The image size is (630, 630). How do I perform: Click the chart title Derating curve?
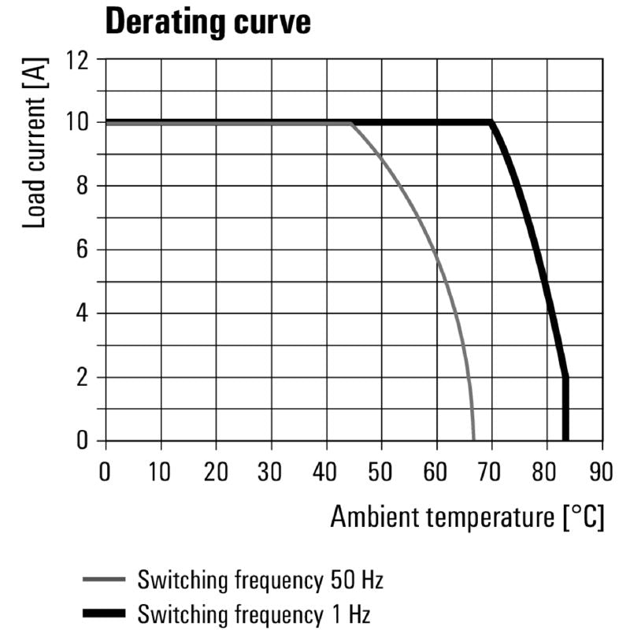(x=207, y=22)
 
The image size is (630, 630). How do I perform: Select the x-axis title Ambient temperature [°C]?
(x=467, y=517)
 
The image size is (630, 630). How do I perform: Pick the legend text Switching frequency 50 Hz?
(x=260, y=582)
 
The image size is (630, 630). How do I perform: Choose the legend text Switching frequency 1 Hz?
(x=254, y=613)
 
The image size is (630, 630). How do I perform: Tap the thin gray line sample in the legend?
(x=104, y=582)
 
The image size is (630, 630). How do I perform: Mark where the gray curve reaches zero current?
(x=473, y=440)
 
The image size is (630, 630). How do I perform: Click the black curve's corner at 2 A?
(x=565, y=378)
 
